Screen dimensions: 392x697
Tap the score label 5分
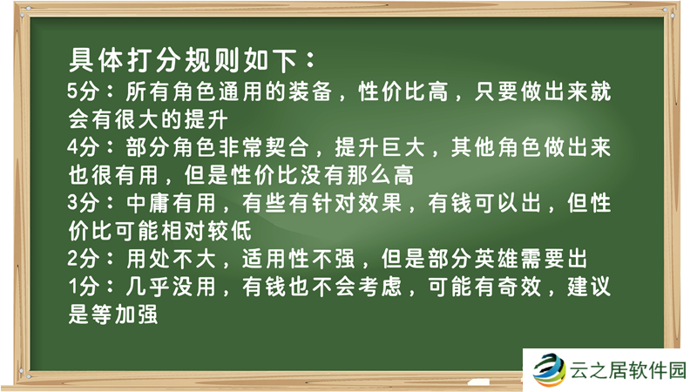(85, 91)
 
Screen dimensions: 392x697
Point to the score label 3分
(85, 203)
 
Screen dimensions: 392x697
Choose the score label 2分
(85, 259)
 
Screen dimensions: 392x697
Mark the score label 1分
(85, 287)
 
